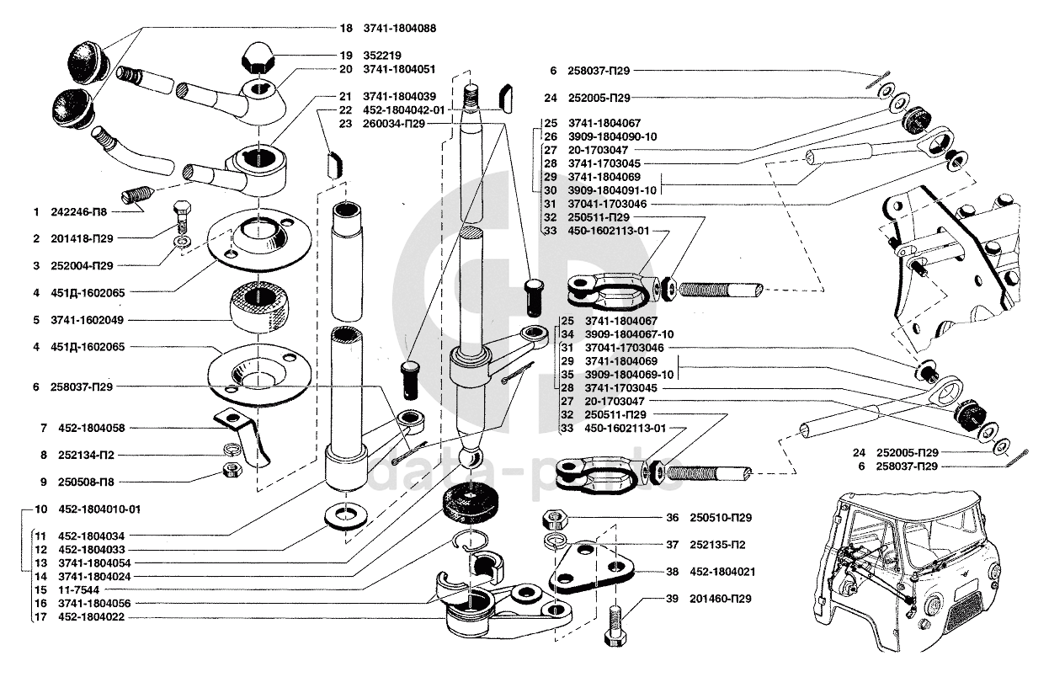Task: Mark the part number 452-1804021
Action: (722, 572)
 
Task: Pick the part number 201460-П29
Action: (721, 599)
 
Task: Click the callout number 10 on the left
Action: (41, 509)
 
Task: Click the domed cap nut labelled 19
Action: (258, 56)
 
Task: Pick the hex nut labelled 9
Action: (232, 469)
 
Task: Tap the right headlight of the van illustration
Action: (931, 624)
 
